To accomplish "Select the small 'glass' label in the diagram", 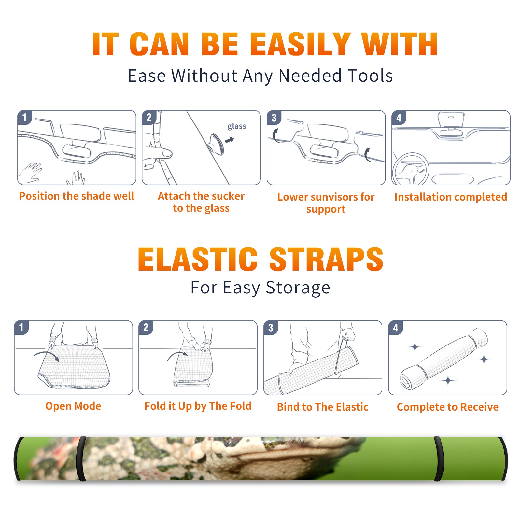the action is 237,126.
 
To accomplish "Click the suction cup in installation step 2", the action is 216,144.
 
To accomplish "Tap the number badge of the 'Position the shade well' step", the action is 25,117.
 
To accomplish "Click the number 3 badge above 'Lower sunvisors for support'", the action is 274,118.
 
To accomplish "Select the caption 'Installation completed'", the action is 451,197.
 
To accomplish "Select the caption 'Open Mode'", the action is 73,406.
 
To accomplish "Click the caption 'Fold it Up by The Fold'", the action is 198,406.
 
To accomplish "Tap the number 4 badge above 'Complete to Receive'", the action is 396,328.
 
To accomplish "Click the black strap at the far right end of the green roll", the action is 503,458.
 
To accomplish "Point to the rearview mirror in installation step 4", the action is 451,120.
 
